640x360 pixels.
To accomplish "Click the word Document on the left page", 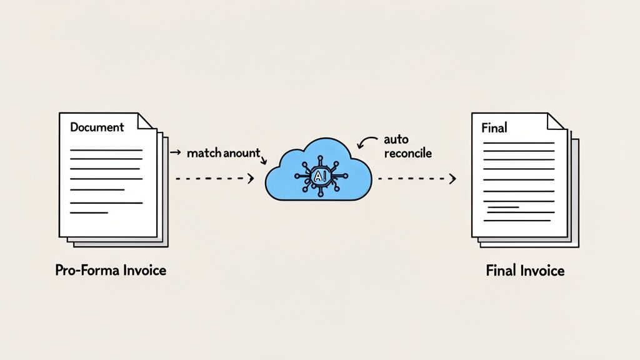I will click(97, 127).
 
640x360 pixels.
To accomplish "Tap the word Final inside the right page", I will click(494, 128).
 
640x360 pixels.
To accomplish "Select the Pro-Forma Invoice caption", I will click(110, 271).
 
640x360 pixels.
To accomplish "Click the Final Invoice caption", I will click(524, 271).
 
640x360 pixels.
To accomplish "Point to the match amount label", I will click(222, 153).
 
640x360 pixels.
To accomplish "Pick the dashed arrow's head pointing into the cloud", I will click(251, 179).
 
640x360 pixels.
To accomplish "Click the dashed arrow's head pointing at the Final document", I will click(452, 179).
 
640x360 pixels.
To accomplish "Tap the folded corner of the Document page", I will click(146, 121).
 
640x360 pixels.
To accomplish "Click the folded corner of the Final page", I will click(557, 121).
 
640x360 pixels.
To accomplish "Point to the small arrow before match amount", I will click(176, 152).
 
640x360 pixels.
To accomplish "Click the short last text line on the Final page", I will click(502, 207).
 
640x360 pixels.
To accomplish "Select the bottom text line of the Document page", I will click(89, 214).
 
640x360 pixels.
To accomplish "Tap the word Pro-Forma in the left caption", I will click(82, 271).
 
